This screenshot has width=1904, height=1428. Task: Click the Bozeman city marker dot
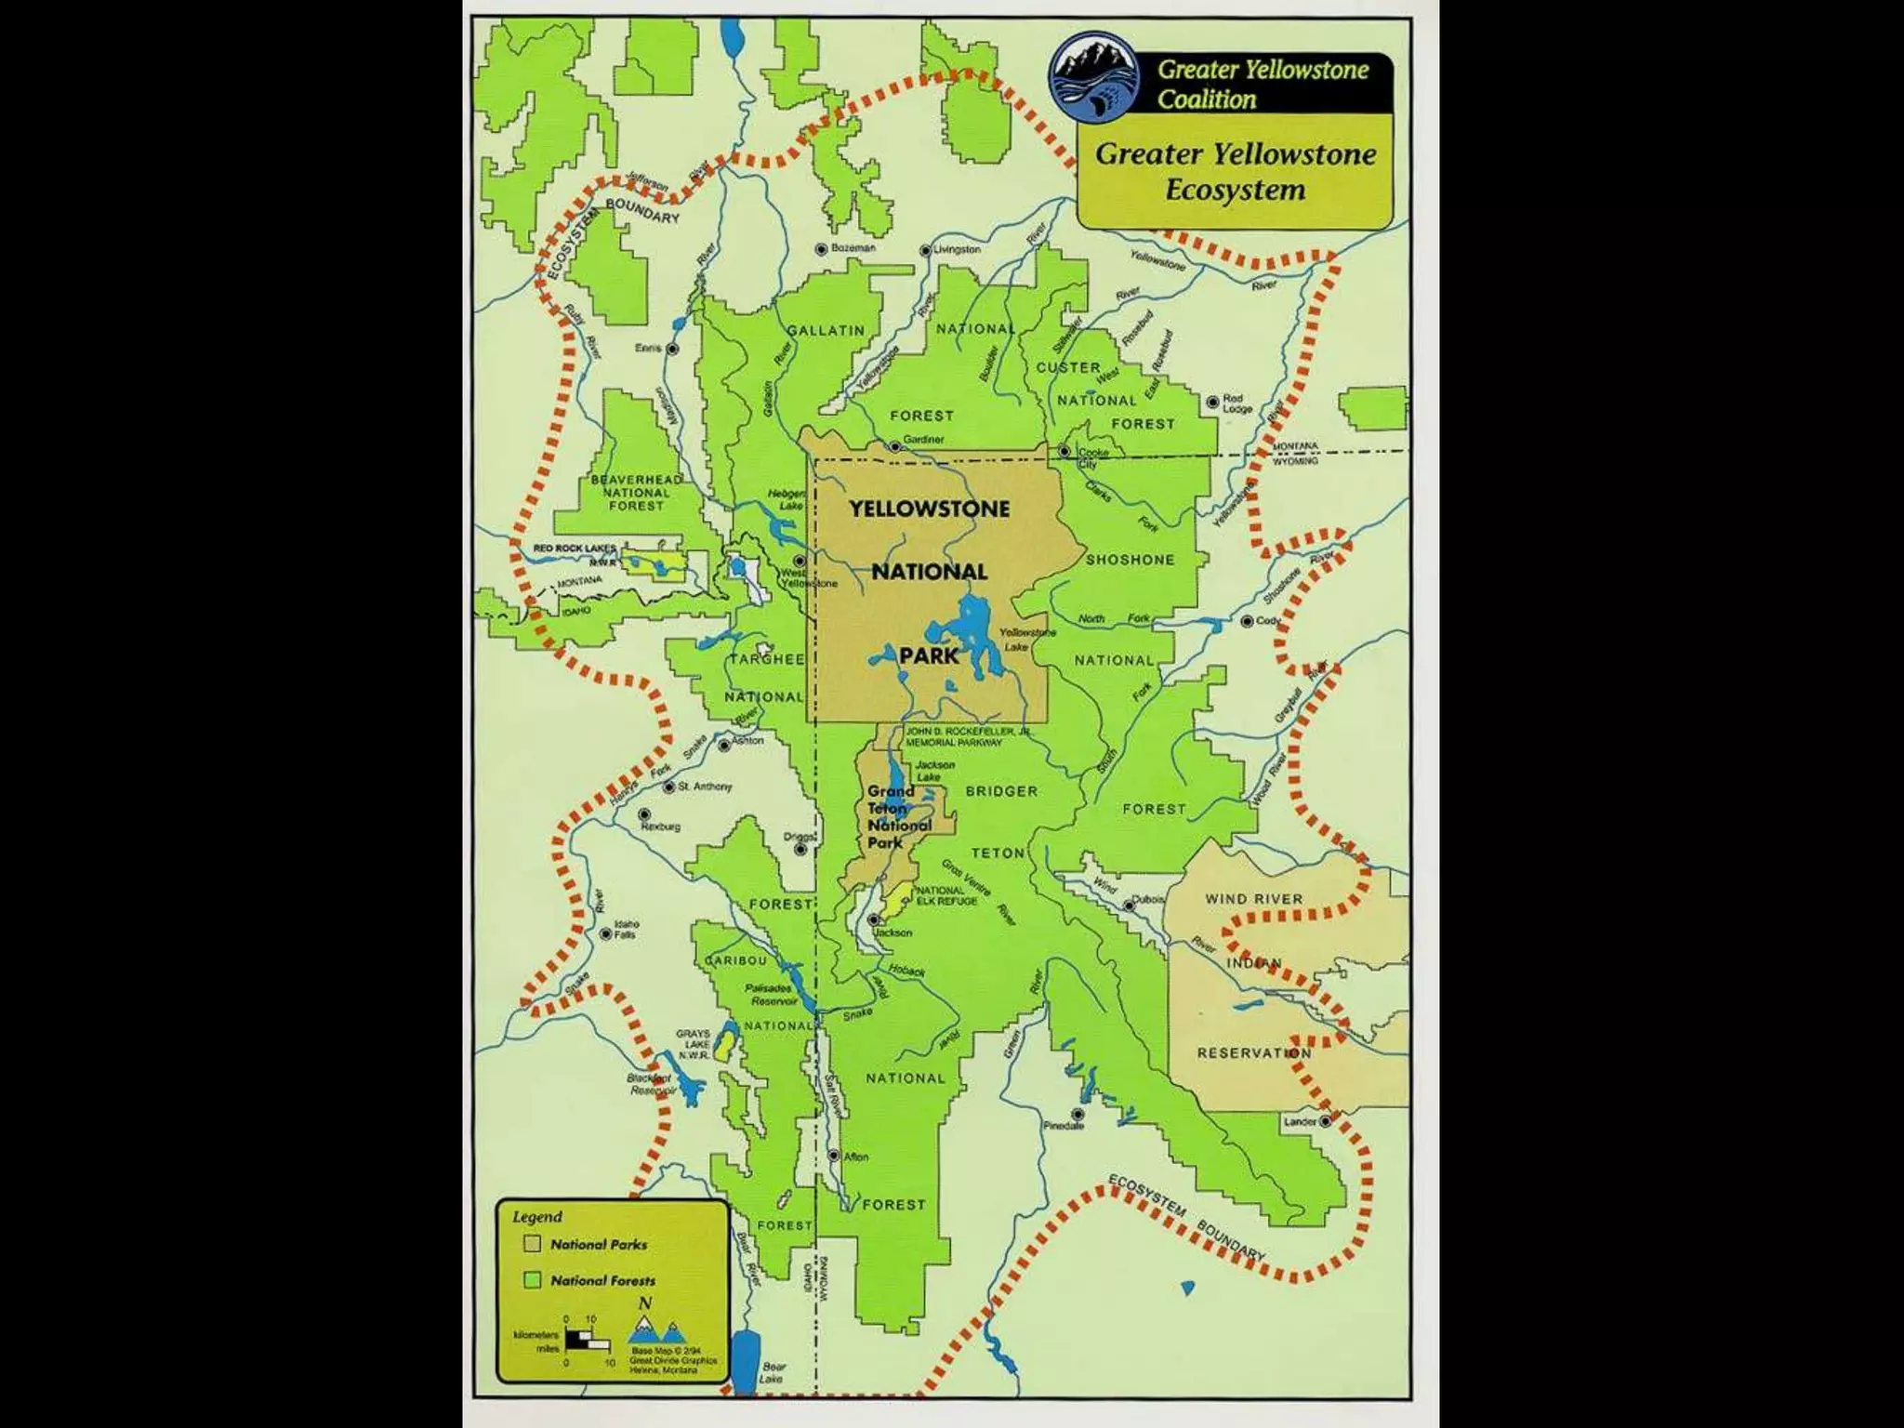[821, 249]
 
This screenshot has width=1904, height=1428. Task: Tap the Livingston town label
[958, 249]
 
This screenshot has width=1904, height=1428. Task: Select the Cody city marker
[1246, 621]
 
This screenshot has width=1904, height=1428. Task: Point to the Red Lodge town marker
[1212, 403]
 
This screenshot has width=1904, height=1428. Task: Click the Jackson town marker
[874, 919]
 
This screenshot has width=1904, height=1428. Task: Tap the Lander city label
[1300, 1121]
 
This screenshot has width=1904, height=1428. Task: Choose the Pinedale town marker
[1078, 1113]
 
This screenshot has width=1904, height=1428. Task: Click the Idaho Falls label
[628, 929]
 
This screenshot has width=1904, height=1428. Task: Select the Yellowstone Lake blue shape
[976, 632]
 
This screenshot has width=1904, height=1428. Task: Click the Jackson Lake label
[934, 771]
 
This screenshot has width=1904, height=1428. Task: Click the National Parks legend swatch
[532, 1244]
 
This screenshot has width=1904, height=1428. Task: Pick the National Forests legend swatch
[532, 1280]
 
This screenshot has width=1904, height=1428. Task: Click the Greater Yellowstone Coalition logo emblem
[1094, 83]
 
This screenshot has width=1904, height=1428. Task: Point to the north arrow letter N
[644, 1304]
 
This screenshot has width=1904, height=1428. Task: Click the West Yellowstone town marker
[799, 561]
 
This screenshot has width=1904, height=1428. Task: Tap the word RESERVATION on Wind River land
[1254, 1053]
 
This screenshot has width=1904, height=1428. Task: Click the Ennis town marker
[673, 348]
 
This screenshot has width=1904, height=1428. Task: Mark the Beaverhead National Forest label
[637, 493]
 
